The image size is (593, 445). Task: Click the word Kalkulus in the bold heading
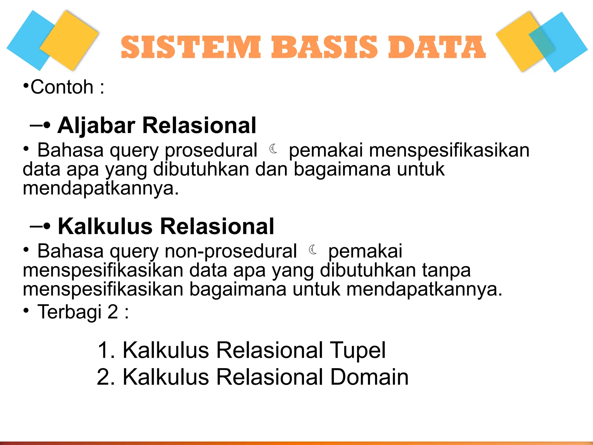(105, 227)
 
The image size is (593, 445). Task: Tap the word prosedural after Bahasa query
(211, 151)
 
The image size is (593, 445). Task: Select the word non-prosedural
(230, 251)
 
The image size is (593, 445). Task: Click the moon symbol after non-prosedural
(313, 250)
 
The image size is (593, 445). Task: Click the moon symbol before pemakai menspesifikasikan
(273, 149)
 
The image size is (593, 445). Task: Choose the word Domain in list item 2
(369, 377)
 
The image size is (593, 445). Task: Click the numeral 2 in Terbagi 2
(113, 312)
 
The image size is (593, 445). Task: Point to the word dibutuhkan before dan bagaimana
(201, 169)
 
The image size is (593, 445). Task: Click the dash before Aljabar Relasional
(36, 125)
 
